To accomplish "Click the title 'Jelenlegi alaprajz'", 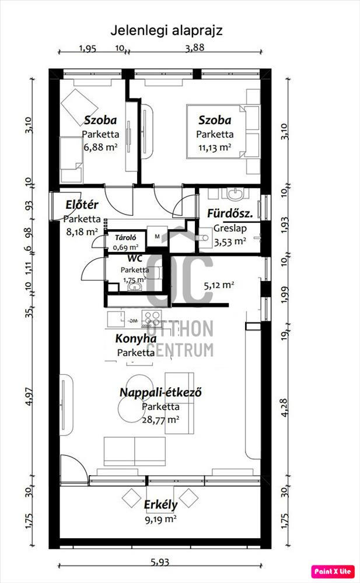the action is [166, 30].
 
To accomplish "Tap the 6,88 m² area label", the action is [100, 147].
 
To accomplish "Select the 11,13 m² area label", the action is [215, 147].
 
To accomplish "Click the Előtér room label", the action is [82, 205].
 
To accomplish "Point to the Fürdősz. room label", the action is [230, 213].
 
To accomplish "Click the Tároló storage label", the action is [125, 238].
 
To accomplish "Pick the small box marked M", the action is [157, 236].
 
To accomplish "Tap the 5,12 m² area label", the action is [219, 286].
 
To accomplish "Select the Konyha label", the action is [136, 339].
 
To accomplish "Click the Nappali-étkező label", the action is [161, 392].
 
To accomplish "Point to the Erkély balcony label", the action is [161, 505].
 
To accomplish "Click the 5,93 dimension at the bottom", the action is [160, 563].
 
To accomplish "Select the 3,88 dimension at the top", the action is [195, 48].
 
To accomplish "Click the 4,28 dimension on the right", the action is [284, 408].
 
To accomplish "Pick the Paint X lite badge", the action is [332, 571].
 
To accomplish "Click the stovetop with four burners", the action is [152, 318].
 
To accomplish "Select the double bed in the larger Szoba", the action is [216, 131].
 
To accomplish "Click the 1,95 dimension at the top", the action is [88, 48].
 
